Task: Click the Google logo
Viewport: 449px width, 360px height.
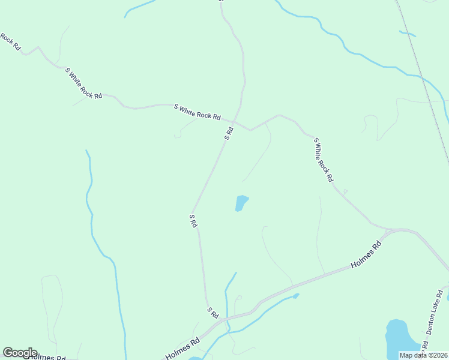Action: coord(20,353)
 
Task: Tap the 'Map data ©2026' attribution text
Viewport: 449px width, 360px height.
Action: coord(423,355)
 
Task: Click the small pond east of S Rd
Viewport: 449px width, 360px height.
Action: coord(241,203)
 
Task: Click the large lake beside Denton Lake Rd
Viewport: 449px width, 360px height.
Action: coord(396,338)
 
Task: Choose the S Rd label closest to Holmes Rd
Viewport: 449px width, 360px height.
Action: coord(212,312)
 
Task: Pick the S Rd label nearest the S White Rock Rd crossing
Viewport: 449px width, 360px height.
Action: coord(229,133)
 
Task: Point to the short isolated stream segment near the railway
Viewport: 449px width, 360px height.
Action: coord(407,33)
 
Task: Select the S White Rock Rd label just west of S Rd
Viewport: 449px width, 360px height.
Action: coord(197,112)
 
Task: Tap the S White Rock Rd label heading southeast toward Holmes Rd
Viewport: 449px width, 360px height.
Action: coord(323,159)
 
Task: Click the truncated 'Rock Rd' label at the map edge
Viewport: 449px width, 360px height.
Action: coord(10,41)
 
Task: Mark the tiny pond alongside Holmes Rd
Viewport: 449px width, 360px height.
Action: coord(296,295)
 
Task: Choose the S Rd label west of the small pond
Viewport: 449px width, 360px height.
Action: coord(193,220)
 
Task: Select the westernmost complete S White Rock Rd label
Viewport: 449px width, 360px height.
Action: coord(83,84)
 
